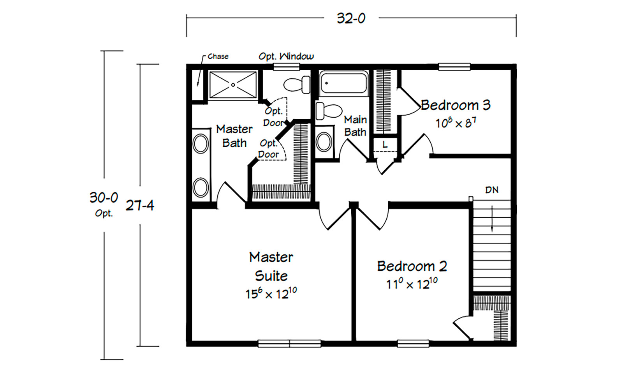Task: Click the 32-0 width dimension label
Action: [351, 19]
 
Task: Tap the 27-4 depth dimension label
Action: [140, 206]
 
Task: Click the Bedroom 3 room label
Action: [456, 105]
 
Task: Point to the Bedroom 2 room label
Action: [412, 266]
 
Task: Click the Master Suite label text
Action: [271, 266]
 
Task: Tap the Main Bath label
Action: [355, 126]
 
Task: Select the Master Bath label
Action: [234, 136]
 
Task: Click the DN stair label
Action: [492, 190]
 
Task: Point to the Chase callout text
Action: [218, 56]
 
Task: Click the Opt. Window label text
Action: [286, 56]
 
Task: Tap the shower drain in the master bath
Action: [233, 85]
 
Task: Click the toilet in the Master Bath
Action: [297, 85]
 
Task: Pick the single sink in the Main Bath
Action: [324, 142]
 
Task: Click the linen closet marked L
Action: [385, 145]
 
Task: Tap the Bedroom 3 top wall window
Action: [454, 67]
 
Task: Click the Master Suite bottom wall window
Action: [290, 344]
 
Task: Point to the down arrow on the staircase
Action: [492, 219]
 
